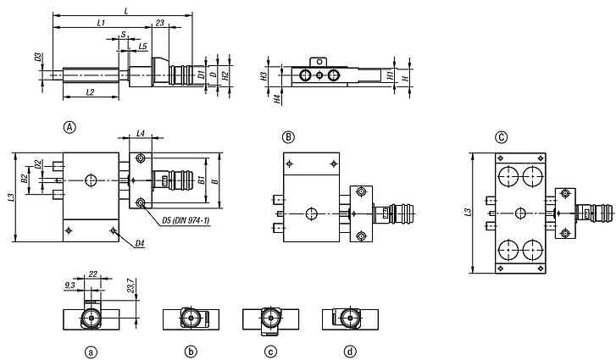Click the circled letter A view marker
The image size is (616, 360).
click(69, 127)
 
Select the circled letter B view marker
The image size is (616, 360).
click(288, 137)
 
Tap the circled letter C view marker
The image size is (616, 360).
click(502, 137)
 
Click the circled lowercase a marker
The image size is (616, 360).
click(92, 352)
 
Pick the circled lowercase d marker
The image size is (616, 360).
click(350, 352)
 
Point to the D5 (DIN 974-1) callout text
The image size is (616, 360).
click(186, 221)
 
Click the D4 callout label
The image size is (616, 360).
click(140, 244)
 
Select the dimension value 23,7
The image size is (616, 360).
click(132, 285)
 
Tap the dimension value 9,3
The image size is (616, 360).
click(69, 285)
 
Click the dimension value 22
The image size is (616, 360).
click(92, 274)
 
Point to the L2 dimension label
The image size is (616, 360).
click(90, 92)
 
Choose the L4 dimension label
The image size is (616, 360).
click(141, 134)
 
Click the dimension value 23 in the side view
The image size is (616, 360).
click(159, 23)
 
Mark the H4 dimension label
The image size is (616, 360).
click(278, 99)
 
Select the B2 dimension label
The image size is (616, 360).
click(25, 179)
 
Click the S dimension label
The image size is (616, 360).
click(124, 35)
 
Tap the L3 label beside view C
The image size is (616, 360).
click(468, 213)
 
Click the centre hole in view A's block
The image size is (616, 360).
click(91, 180)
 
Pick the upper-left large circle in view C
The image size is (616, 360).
click(508, 176)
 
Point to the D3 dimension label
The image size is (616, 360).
click(38, 58)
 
